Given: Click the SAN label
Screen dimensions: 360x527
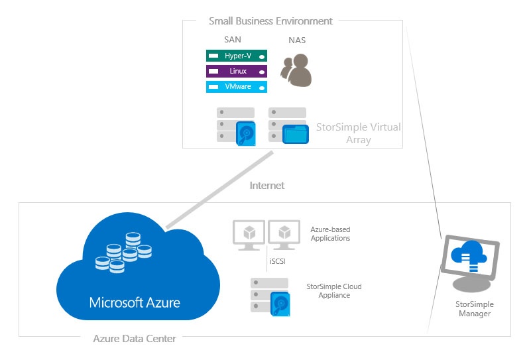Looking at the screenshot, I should (x=233, y=40).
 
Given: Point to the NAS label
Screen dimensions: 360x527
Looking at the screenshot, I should (x=297, y=40).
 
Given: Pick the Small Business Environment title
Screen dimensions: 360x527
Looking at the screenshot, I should (x=270, y=21).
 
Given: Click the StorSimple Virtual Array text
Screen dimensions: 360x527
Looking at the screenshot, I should (x=358, y=133).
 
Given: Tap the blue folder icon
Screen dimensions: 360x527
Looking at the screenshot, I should (x=296, y=134).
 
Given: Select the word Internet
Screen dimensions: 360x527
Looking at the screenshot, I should (x=266, y=186).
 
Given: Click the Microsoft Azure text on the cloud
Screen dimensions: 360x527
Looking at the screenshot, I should (x=135, y=303).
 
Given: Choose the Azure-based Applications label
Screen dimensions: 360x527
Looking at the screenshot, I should (x=330, y=233).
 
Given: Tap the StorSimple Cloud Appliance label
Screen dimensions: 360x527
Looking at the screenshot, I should (x=334, y=290).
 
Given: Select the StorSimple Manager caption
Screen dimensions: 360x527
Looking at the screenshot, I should (x=475, y=308).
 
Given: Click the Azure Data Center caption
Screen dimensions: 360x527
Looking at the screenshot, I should (x=135, y=339).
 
